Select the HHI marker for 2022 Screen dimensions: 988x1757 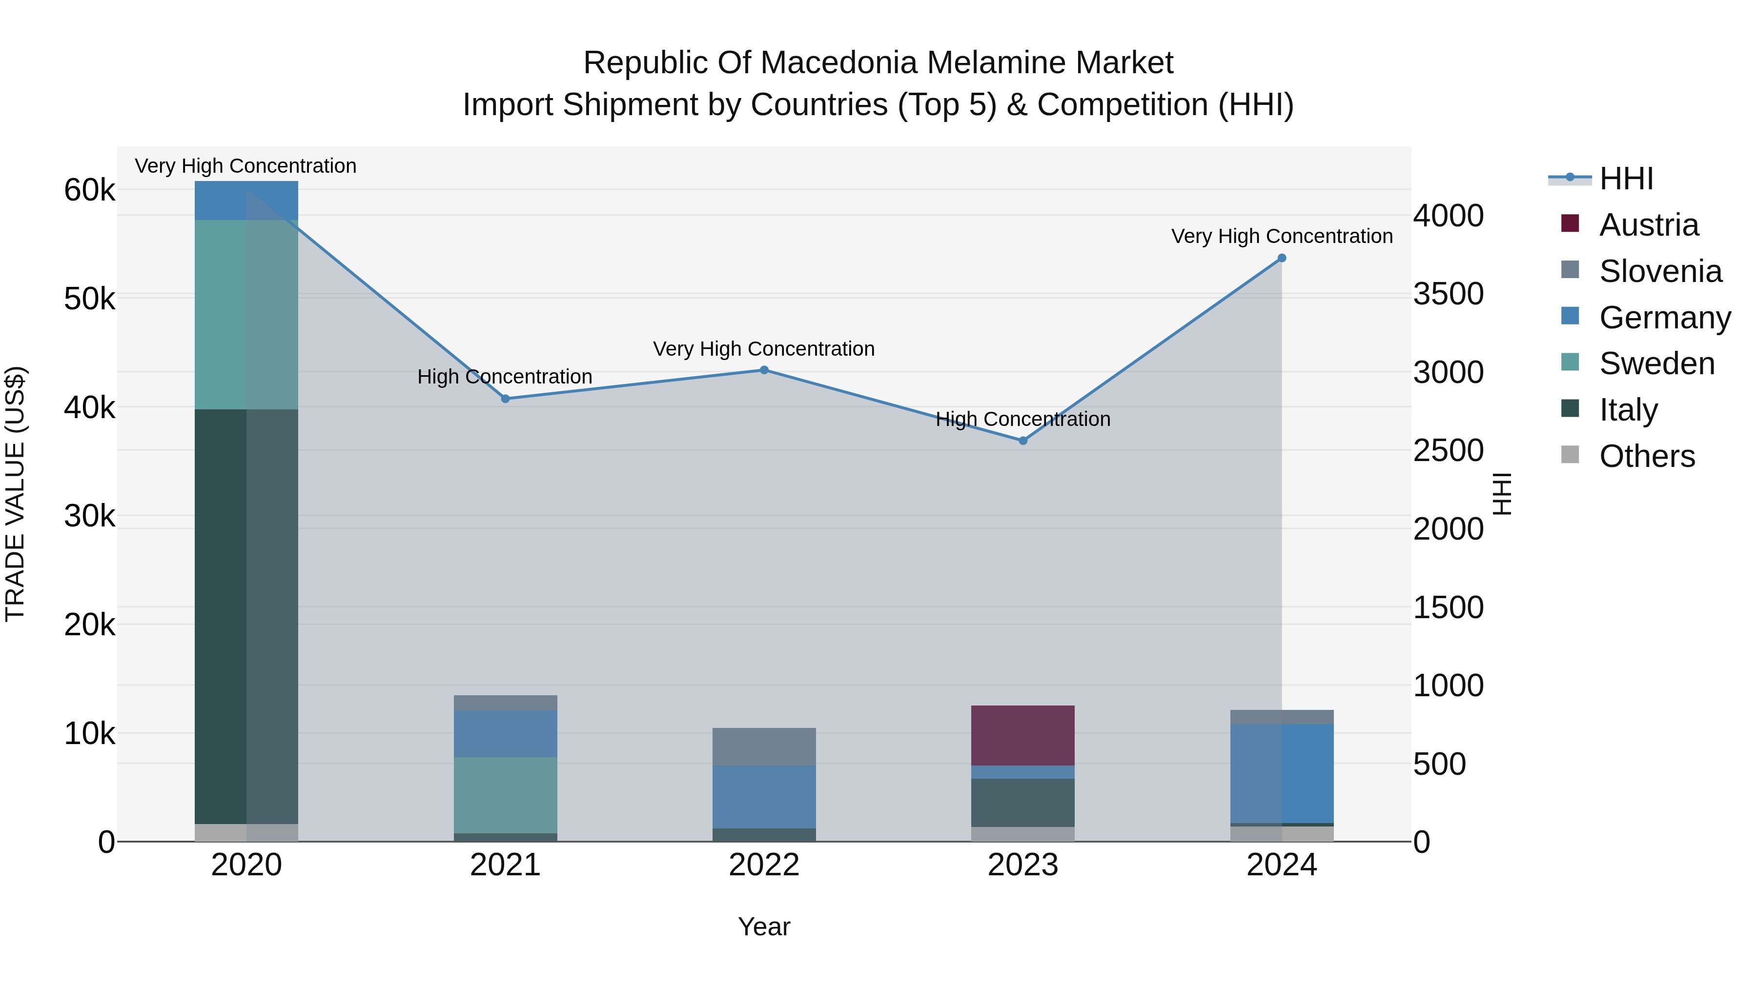(764, 370)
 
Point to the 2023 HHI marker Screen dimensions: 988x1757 (1023, 441)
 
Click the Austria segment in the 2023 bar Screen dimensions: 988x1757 (1023, 735)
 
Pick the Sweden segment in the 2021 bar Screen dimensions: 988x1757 (506, 794)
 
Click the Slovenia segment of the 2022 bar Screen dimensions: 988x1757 (764, 746)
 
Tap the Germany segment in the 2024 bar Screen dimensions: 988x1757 (1282, 773)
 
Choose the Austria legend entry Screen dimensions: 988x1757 (1648, 225)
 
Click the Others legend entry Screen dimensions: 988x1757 (1647, 456)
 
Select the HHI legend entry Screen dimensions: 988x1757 (1626, 179)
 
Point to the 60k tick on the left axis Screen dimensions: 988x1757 (89, 190)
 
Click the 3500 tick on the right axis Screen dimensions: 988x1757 (1448, 294)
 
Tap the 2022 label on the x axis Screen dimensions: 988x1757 (764, 865)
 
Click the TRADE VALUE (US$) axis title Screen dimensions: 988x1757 (15, 494)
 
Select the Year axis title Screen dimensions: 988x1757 (764, 927)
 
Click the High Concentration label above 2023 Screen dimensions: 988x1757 (1023, 419)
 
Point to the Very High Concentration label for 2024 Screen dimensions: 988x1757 (1282, 236)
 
